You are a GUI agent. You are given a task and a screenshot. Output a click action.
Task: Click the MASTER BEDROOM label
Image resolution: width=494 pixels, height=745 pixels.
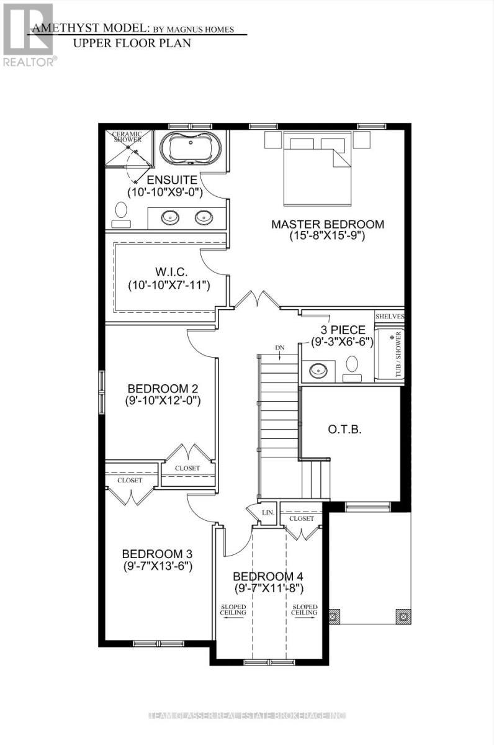point(327,224)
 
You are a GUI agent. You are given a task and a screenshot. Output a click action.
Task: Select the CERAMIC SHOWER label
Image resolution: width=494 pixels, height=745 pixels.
point(127,137)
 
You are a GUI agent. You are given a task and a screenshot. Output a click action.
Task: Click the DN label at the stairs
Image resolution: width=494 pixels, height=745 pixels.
point(279,348)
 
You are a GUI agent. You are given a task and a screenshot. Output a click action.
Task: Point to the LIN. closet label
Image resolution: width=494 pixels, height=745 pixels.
point(268,512)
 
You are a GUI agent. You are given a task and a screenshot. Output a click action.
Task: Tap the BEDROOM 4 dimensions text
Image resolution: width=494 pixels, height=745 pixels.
point(268,588)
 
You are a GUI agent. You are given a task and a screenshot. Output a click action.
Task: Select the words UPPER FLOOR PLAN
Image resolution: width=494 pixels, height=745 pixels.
point(132,43)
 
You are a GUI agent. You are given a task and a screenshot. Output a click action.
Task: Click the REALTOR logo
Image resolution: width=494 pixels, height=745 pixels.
point(29,34)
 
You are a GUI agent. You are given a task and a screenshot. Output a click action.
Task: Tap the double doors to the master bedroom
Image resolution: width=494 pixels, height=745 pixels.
point(257,299)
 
